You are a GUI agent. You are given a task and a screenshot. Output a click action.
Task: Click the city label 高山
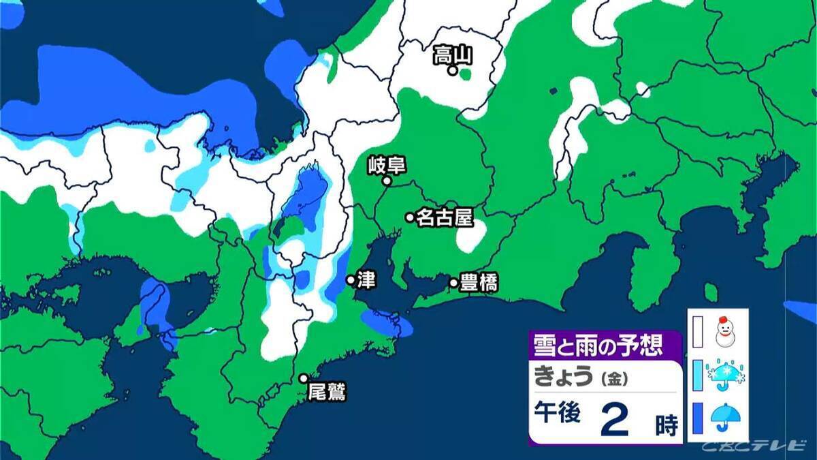click(453, 55)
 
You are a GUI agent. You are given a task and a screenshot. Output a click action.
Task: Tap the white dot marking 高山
click(451, 70)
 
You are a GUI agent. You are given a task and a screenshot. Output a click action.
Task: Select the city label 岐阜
click(382, 166)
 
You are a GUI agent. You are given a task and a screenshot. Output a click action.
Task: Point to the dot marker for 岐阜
click(386, 181)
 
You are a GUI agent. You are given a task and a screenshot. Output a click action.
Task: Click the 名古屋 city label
click(445, 217)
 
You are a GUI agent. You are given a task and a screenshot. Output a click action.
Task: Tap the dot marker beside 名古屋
click(410, 217)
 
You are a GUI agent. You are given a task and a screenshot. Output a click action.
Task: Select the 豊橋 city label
click(479, 283)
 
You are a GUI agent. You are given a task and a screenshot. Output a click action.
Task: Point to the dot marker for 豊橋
click(453, 283)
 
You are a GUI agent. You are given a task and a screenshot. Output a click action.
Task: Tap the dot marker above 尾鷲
click(304, 378)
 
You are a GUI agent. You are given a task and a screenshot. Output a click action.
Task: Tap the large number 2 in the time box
click(614, 421)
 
